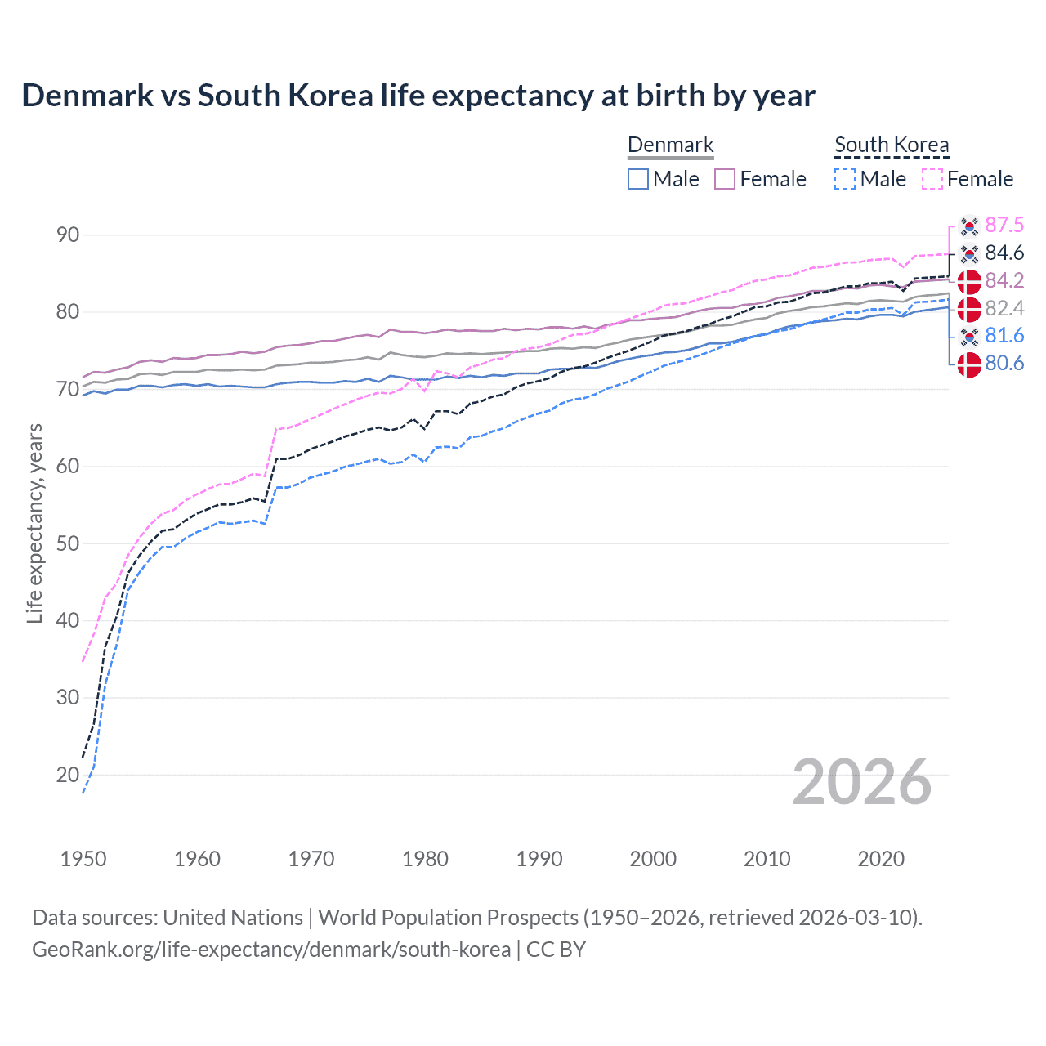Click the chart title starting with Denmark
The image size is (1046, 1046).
point(418,96)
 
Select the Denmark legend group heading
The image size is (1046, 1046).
point(670,145)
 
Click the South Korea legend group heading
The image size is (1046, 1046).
point(892,145)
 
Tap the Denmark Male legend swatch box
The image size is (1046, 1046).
point(638,179)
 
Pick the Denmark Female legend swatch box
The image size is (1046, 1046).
point(725,179)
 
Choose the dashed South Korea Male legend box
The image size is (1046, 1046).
point(845,179)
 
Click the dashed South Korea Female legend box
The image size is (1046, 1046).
point(932,179)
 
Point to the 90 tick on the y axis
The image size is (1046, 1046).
point(68,235)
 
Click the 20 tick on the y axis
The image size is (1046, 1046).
point(68,775)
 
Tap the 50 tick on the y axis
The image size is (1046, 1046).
point(68,543)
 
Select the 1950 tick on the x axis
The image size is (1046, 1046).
point(83,859)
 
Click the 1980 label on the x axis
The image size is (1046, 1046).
point(425,859)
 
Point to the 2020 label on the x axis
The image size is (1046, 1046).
point(881,859)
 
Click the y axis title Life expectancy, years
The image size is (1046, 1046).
point(34,523)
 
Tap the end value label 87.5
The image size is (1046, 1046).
point(1004,226)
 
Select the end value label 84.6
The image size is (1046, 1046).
point(1004,253)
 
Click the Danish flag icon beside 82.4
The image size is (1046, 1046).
point(969,309)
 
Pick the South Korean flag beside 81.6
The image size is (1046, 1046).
point(969,336)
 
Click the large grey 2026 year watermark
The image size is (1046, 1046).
point(861,783)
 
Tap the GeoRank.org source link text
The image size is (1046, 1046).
point(271,950)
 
